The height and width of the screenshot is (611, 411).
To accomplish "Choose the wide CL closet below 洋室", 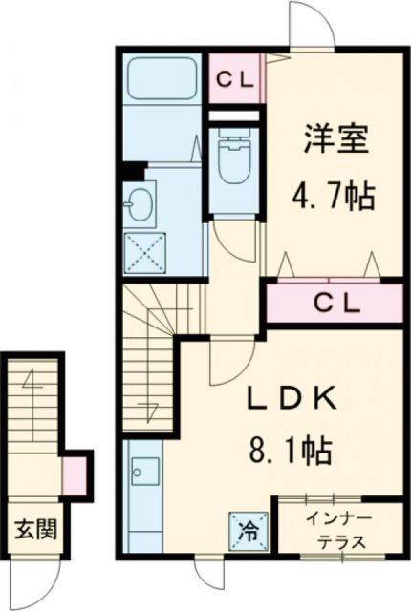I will (x=334, y=304).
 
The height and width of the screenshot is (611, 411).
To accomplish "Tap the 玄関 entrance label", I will (x=32, y=526).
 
